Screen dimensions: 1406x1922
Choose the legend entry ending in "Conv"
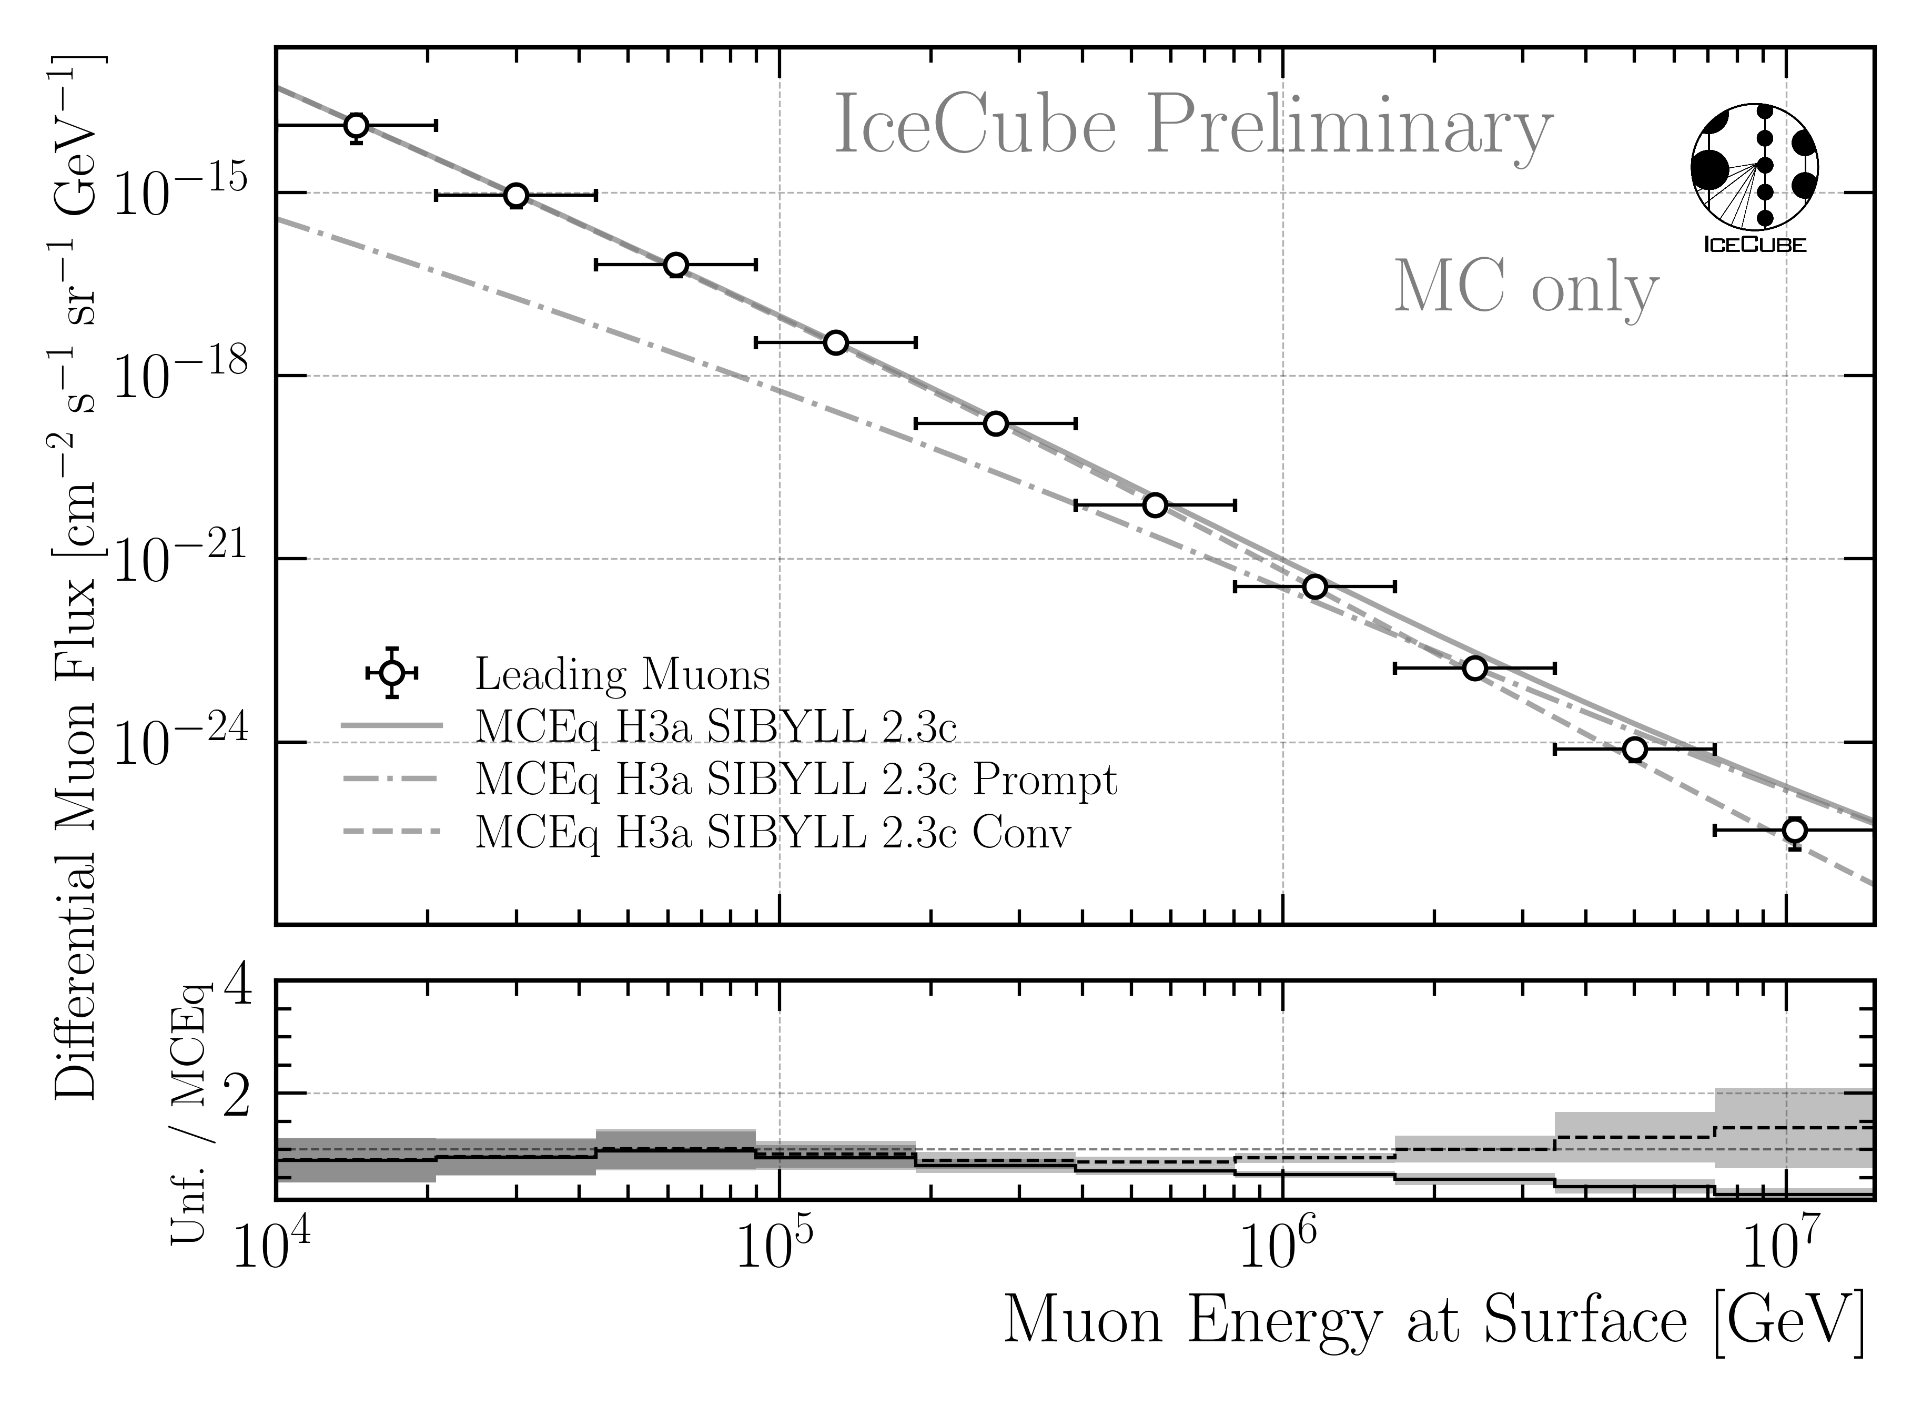[772, 832]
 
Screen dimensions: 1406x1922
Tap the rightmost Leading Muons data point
[1794, 830]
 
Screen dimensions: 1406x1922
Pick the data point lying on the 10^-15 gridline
[516, 196]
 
